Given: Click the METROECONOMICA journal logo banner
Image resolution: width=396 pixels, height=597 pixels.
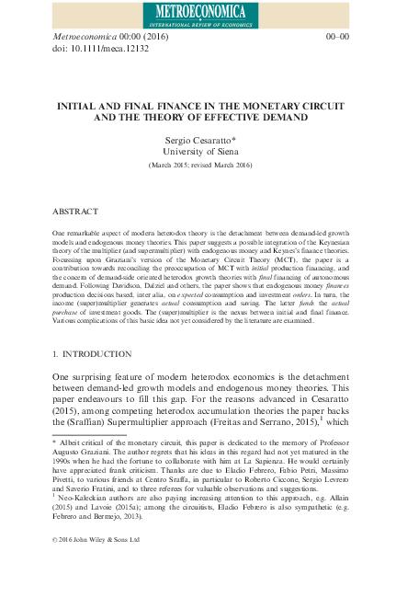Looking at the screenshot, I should coord(198,13).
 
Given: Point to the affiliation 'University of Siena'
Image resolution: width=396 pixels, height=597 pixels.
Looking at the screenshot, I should coord(198,149).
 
